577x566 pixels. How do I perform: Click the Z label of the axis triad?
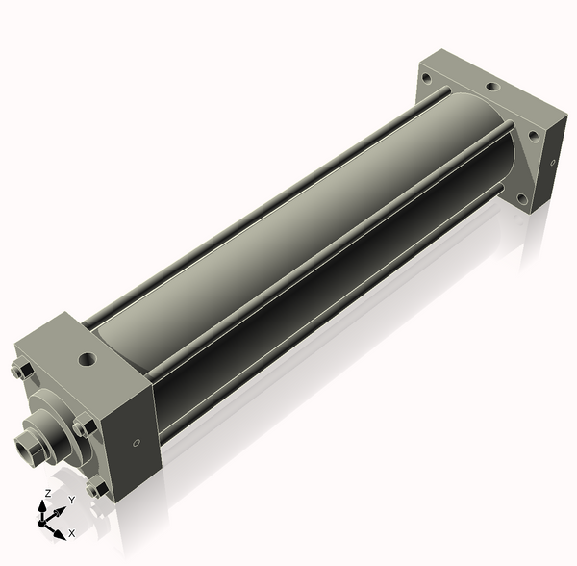48,493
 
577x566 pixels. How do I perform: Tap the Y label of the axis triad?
71,501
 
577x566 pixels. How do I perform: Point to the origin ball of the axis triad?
43,521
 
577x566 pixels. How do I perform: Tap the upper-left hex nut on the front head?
21,371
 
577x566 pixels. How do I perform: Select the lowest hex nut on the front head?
95,488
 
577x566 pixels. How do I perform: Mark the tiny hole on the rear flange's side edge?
553,162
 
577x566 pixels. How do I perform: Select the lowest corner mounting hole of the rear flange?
520,199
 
